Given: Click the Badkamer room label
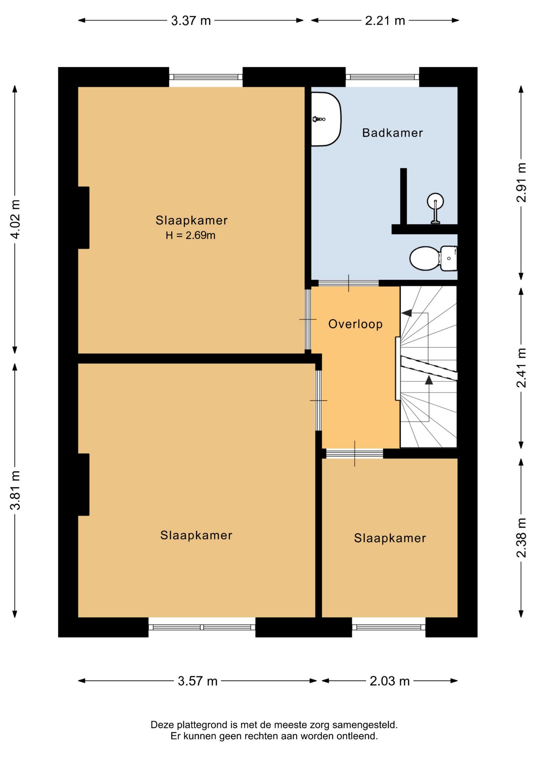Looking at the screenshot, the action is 392,133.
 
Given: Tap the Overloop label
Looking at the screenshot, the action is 356,324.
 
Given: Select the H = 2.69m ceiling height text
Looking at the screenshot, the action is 191,235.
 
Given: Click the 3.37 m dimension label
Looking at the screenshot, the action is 191,21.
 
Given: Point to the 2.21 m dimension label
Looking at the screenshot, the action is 385,21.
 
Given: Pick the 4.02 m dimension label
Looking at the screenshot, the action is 15,219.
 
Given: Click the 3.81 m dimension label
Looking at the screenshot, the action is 15,490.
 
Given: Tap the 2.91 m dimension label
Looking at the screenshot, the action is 521,183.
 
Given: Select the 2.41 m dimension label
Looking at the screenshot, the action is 521,368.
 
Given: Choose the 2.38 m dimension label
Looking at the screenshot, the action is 521,538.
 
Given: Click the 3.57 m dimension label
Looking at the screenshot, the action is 198,681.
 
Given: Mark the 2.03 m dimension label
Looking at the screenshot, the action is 390,681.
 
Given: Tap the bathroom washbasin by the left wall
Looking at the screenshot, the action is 326,119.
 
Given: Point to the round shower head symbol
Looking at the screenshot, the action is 435,201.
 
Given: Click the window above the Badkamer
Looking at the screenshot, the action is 382,77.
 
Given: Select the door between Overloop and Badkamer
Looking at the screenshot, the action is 349,283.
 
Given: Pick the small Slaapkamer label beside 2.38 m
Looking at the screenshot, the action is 390,538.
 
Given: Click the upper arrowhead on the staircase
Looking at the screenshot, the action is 407,313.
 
